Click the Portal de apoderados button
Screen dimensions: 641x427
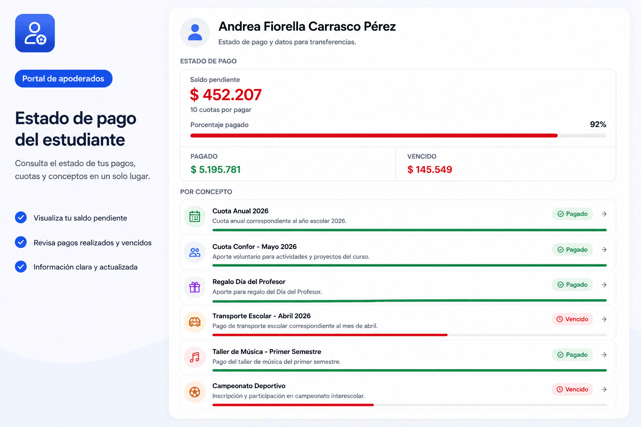(63, 79)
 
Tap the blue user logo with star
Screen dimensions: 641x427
(35, 33)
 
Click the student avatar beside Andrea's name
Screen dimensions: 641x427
(195, 33)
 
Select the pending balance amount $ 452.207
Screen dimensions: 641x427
(226, 95)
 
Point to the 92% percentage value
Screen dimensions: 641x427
(598, 124)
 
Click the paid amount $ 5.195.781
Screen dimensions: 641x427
(215, 170)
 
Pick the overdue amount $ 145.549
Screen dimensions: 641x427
(430, 170)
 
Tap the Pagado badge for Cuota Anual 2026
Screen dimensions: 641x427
(572, 214)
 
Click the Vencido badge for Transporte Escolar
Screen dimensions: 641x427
(572, 319)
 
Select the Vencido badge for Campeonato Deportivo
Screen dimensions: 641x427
(572, 389)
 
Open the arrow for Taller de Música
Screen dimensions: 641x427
(604, 354)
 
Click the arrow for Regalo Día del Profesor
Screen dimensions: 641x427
(604, 284)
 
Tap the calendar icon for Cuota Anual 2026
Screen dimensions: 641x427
(194, 216)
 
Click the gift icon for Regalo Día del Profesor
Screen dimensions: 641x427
(194, 287)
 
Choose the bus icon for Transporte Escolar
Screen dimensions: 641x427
(194, 322)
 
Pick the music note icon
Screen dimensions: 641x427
(194, 357)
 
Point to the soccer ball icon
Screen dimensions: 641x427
(194, 392)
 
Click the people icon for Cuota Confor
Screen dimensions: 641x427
(194, 252)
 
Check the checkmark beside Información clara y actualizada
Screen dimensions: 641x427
(21, 266)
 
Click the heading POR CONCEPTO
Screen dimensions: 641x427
(206, 192)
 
